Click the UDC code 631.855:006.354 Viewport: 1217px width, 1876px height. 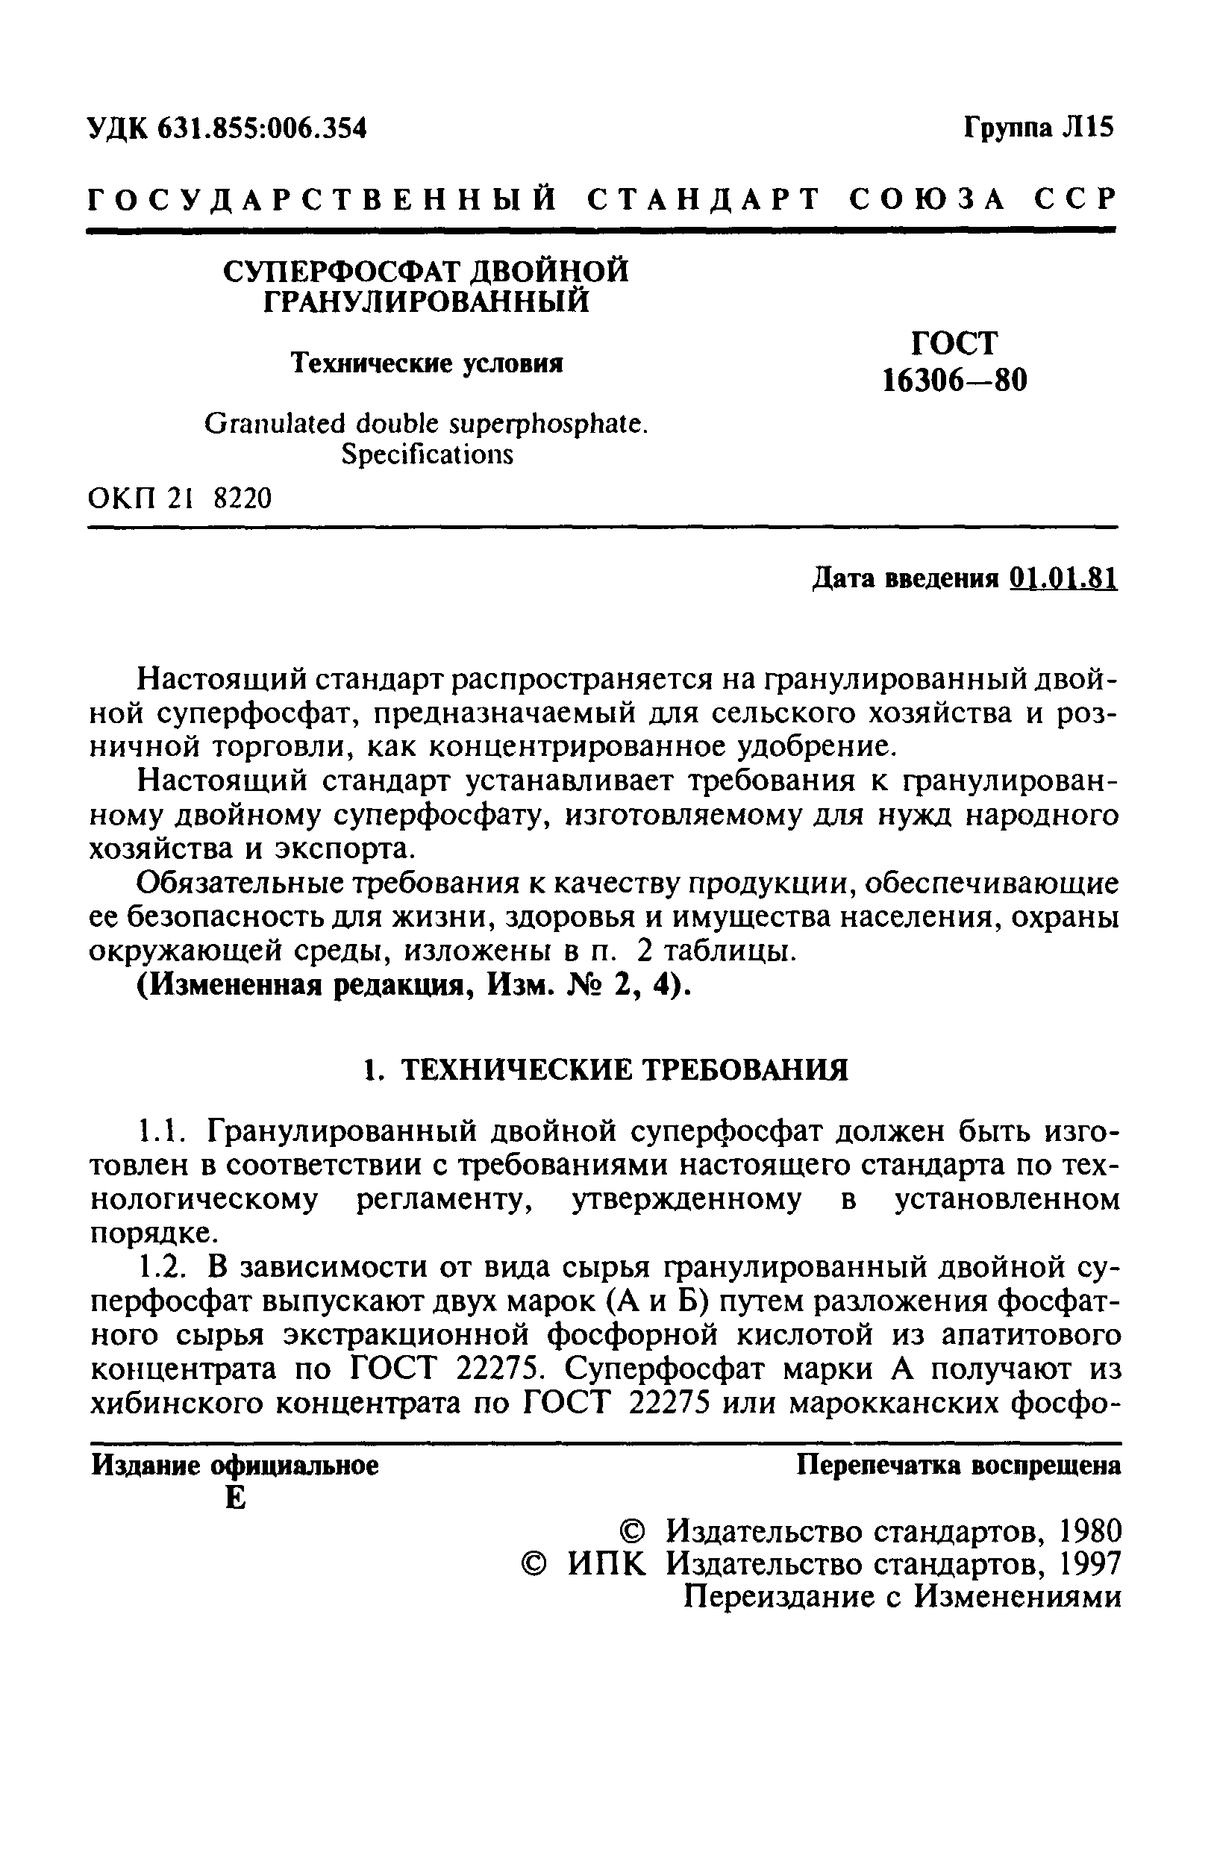[x=262, y=128]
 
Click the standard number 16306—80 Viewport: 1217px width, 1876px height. [x=954, y=381]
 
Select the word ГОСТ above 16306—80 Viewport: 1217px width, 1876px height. [x=954, y=344]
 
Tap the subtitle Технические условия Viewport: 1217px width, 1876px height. [x=426, y=363]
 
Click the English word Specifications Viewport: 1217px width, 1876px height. [x=426, y=454]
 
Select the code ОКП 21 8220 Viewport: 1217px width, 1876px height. [x=180, y=498]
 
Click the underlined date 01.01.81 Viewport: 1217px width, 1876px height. [x=1062, y=579]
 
